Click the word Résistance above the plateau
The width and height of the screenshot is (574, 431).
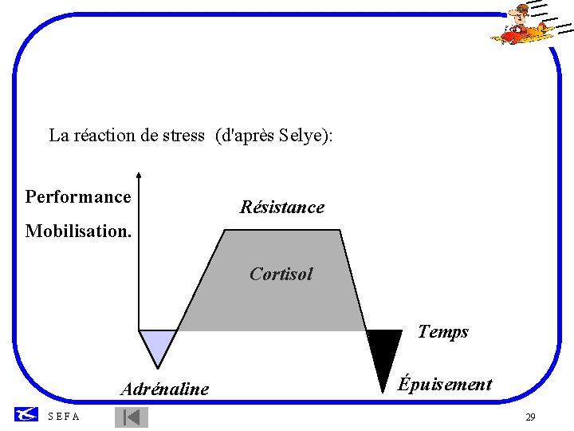tap(282, 208)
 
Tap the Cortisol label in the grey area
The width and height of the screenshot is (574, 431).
tap(281, 274)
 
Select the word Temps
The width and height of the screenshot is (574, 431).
tap(442, 332)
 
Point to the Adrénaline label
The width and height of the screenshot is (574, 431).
tap(164, 389)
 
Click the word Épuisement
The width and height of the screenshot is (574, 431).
tap(445, 384)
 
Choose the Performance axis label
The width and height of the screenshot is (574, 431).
tap(78, 196)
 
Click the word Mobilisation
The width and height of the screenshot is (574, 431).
tap(77, 231)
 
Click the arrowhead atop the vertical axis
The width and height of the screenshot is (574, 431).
tap(139, 173)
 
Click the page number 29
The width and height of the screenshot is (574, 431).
tap(530, 417)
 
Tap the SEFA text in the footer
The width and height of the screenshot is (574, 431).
tap(64, 417)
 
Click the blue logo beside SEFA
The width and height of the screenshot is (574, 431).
tap(26, 413)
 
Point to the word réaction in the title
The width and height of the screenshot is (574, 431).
tap(104, 136)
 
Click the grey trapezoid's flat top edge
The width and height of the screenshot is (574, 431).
tap(282, 231)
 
